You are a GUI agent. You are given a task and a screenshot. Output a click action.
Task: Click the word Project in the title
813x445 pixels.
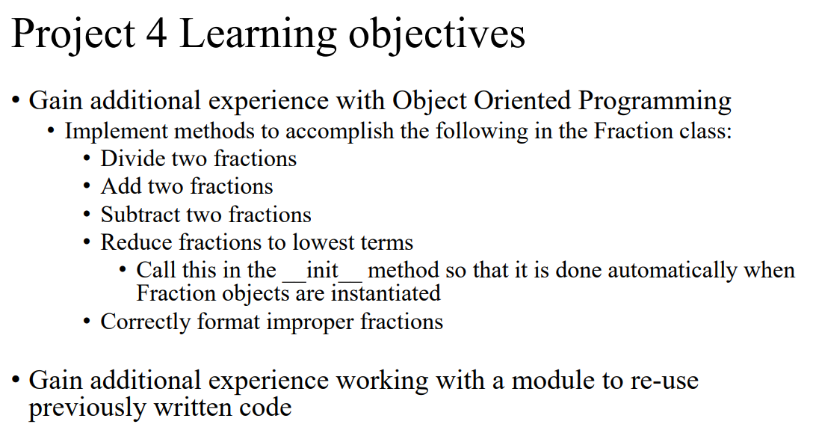tap(73, 34)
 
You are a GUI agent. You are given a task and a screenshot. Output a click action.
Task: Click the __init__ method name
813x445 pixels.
tap(322, 270)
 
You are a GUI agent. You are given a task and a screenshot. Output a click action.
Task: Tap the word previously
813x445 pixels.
tap(84, 408)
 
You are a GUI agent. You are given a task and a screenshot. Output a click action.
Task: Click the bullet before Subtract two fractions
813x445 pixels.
tap(88, 215)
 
